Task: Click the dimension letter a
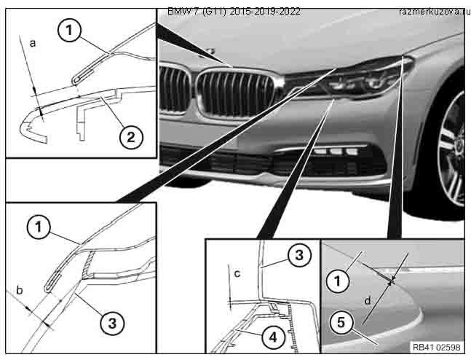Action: coord(32,44)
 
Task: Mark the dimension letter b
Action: coord(20,290)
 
